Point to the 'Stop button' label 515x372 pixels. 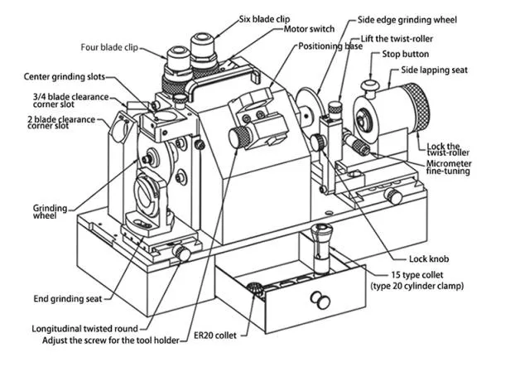point(405,55)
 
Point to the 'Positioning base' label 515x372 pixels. point(330,47)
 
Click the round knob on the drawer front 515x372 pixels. point(315,298)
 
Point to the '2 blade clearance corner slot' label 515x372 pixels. point(60,123)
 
